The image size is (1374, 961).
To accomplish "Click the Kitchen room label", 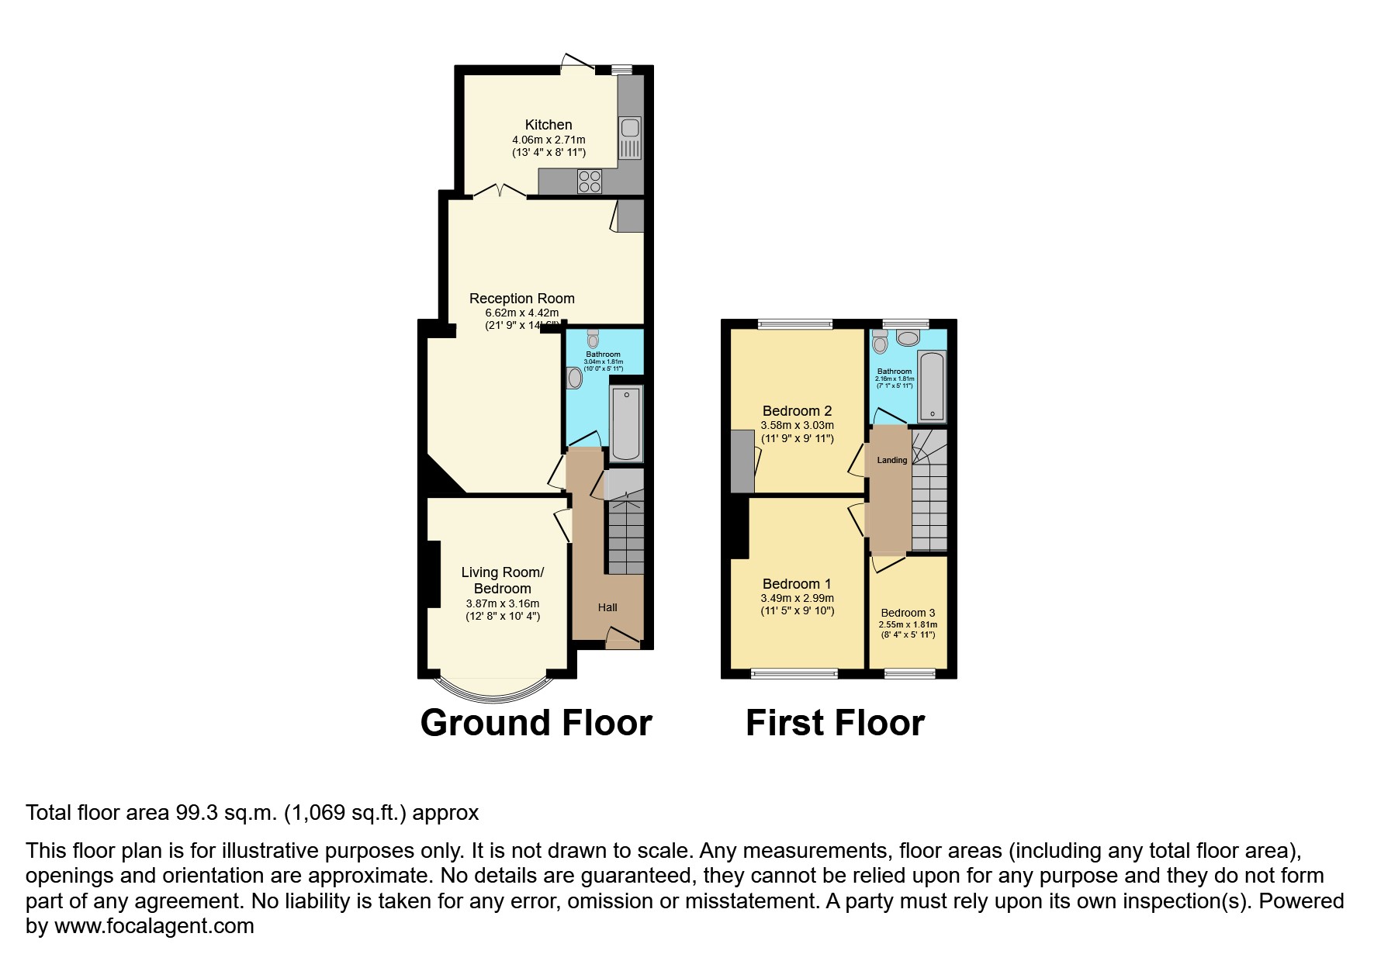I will pos(549,125).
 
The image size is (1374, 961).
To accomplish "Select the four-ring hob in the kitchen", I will pos(590,181).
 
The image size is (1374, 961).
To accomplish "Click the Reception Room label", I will pos(521,299).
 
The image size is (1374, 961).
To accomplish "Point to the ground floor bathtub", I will pos(626,423).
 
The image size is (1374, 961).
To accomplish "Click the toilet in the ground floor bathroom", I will pos(594,338).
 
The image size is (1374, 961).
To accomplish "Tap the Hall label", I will pos(607,607).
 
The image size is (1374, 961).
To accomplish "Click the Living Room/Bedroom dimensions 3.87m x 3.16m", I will pos(503,603).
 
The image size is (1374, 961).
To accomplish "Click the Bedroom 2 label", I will pos(797,411).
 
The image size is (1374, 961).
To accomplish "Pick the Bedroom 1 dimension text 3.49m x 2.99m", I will pos(797,598).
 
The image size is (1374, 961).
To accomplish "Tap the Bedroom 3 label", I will pos(908,613).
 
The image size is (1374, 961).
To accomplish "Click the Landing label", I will pos(891,460).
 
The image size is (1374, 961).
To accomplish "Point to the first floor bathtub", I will pos(931,385).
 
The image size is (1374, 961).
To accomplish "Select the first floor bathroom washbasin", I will pos(907,337).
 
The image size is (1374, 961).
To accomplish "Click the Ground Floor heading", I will pos(536,723).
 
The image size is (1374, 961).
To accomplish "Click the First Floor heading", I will pos(835,723).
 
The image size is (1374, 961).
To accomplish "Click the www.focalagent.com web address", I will pos(154,926).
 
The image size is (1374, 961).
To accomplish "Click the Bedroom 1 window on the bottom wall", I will pos(794,673).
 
